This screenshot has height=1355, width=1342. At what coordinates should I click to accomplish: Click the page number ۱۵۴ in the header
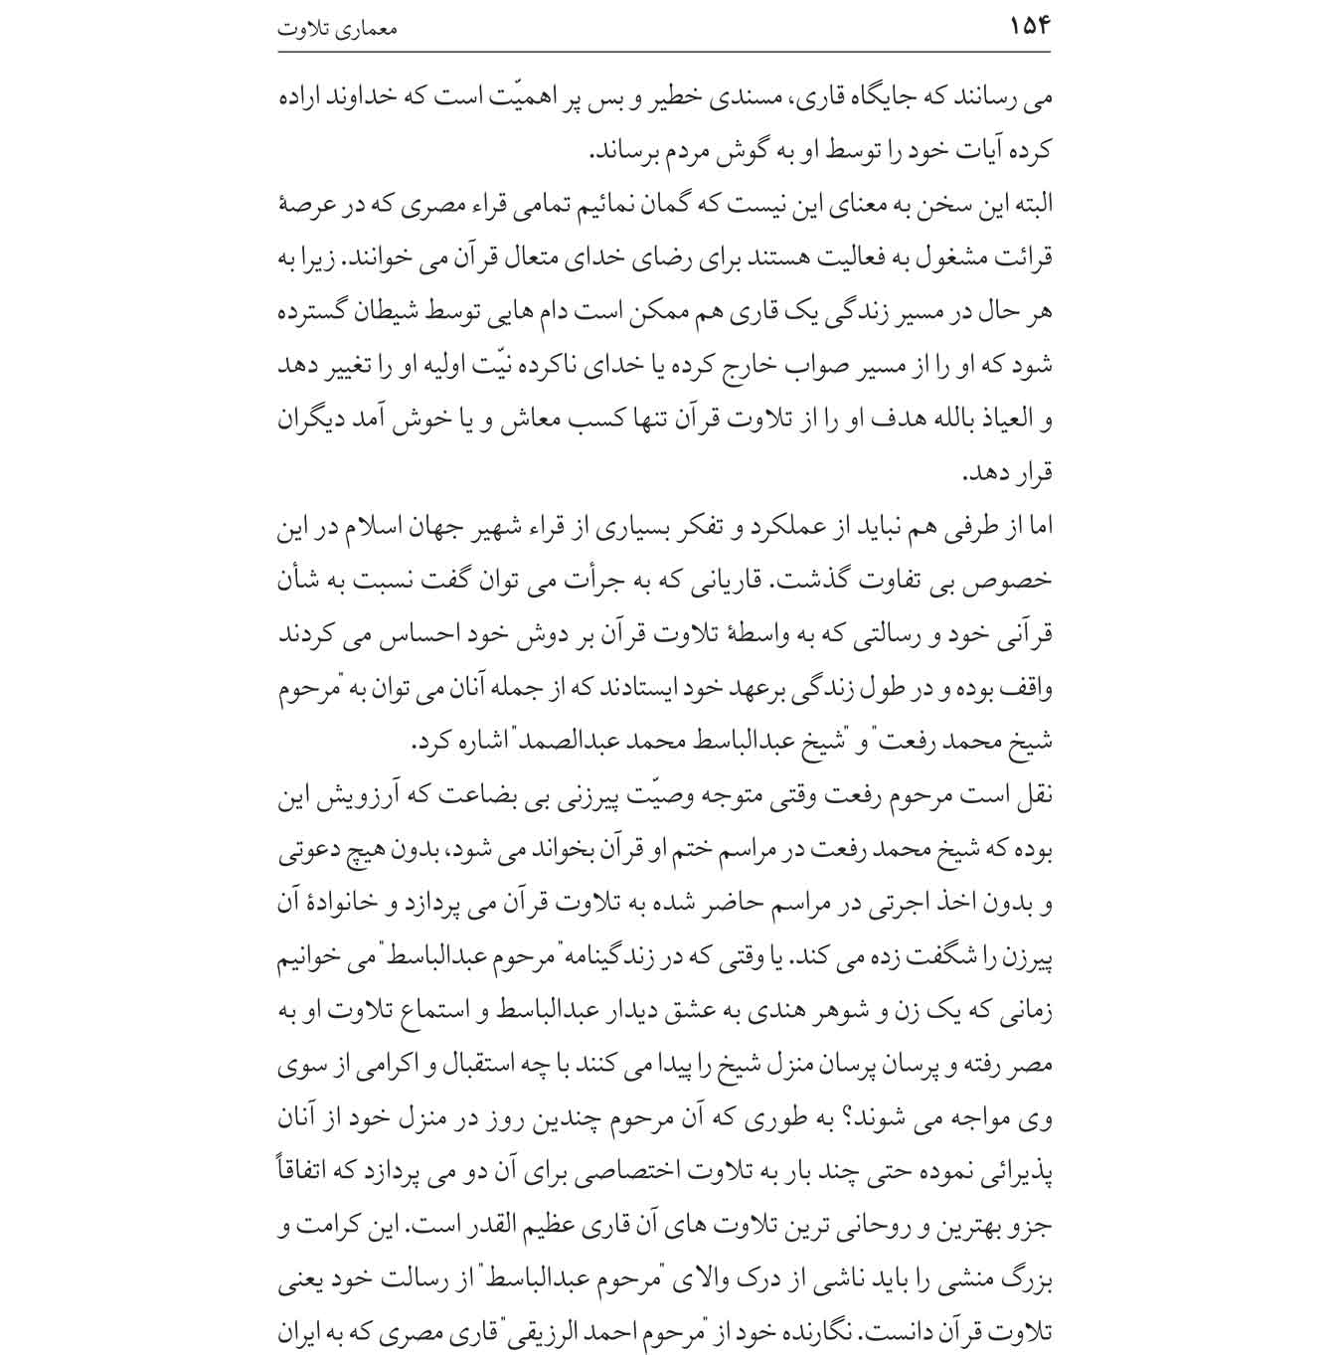(x=1029, y=26)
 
